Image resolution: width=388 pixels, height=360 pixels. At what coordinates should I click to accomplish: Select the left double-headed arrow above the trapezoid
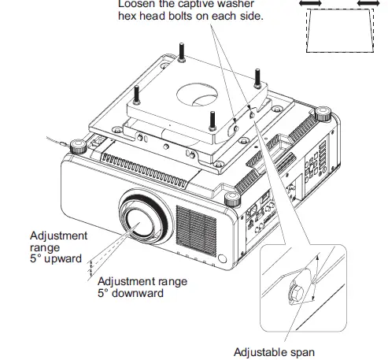coord(310,5)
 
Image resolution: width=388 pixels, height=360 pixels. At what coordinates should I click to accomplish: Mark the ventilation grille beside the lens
coord(194,228)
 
